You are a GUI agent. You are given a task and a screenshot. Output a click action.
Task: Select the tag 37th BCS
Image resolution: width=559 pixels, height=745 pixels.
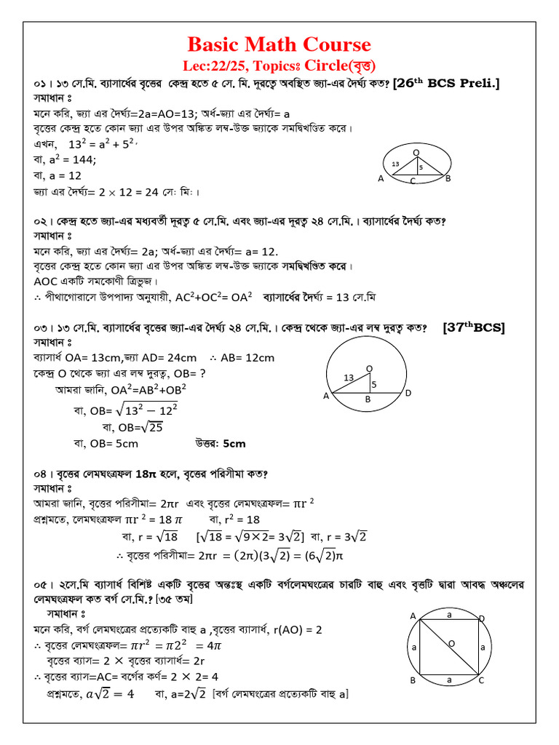[x=473, y=327]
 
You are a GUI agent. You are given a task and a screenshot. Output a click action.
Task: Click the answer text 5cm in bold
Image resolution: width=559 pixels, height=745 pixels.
[x=234, y=443]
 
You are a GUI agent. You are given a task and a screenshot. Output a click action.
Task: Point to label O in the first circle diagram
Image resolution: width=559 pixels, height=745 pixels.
[x=416, y=152]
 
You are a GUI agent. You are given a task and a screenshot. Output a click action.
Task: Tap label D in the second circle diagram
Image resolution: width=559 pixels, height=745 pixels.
[x=408, y=393]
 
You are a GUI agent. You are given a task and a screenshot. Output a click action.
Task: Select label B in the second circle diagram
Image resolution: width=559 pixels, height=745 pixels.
[x=368, y=399]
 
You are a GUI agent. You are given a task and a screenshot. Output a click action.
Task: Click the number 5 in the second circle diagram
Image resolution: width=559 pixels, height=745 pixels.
[x=374, y=383]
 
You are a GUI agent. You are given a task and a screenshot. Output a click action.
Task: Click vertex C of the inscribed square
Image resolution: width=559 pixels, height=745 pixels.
[x=481, y=680]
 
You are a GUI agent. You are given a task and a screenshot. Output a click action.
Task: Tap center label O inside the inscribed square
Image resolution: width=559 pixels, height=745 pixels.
[x=451, y=643]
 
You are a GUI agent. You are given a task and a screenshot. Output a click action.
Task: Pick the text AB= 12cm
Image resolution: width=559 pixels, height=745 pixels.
[x=248, y=357]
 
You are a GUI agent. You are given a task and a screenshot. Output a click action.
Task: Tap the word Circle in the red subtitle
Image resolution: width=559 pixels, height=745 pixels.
[x=332, y=64]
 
